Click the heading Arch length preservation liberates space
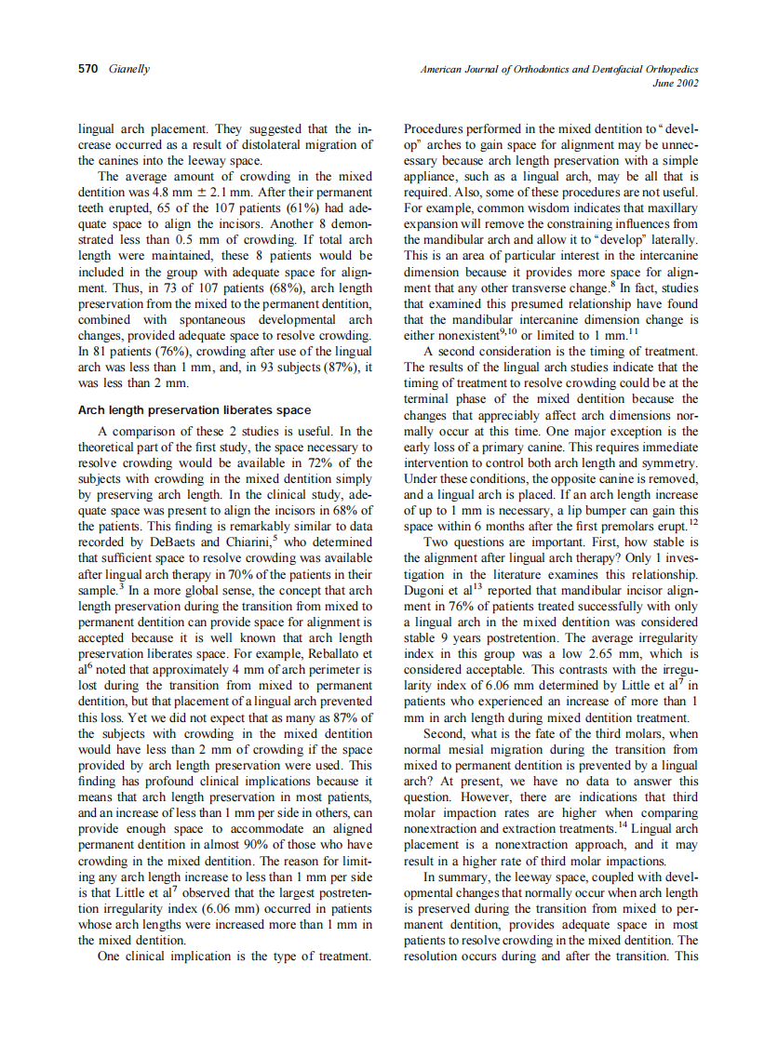(x=194, y=410)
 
